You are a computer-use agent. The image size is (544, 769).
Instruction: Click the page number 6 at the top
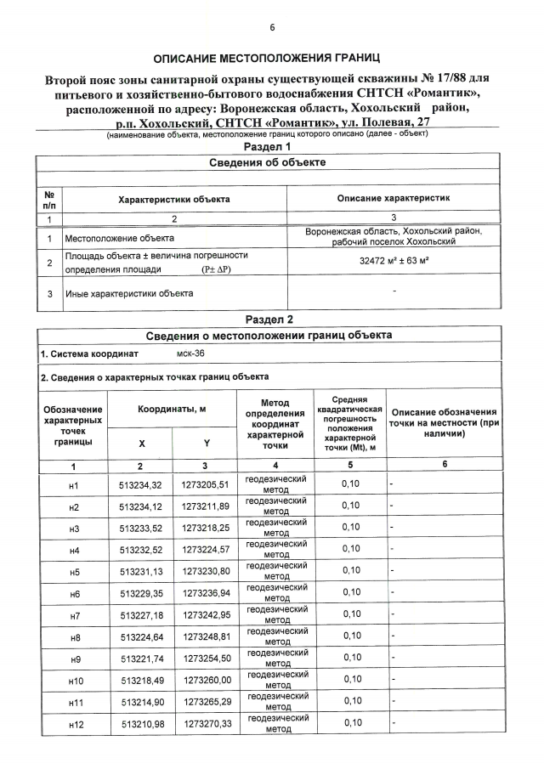[x=273, y=27]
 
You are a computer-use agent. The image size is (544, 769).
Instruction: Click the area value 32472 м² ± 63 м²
[x=394, y=263]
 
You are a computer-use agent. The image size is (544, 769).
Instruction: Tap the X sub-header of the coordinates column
[x=141, y=444]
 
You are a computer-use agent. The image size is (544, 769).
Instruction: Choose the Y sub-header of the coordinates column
[x=206, y=444]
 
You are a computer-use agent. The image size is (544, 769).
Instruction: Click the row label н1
[x=73, y=486]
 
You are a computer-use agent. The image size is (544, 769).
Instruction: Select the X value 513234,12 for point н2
[x=141, y=508]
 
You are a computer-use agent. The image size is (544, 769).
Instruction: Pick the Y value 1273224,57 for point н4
[x=206, y=551]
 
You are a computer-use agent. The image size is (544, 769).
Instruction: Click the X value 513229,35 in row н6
[x=141, y=593]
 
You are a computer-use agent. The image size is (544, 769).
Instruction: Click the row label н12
[x=73, y=723]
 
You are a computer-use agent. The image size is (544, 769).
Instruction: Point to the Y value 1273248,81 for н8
[x=206, y=636]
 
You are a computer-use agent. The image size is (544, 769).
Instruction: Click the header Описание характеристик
[x=394, y=198]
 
